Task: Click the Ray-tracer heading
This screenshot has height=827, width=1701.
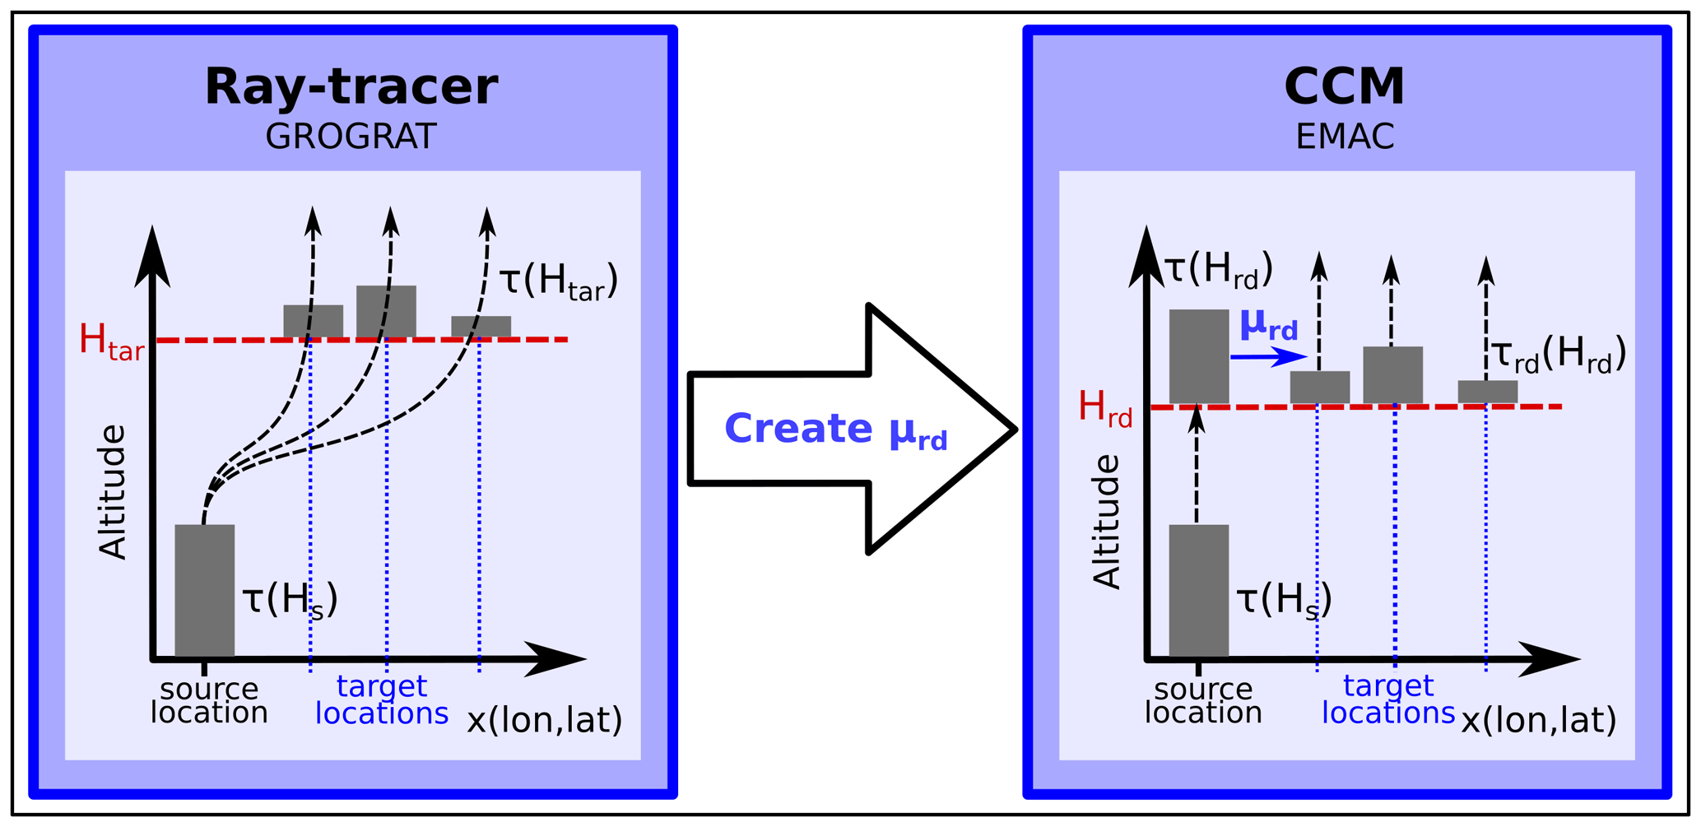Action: point(351,86)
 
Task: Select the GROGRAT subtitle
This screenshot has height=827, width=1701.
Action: point(351,137)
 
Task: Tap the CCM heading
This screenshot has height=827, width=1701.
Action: point(1344,86)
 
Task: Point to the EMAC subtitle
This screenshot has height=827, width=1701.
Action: point(1345,137)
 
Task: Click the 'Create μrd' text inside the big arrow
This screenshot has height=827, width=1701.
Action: point(835,430)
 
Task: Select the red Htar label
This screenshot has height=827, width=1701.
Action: point(111,341)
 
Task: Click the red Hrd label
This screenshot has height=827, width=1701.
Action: point(1105,408)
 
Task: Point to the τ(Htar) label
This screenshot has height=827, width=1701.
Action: point(559,281)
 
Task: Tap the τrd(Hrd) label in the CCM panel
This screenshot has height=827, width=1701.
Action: point(1559,355)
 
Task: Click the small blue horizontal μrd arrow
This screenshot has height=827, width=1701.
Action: point(1268,356)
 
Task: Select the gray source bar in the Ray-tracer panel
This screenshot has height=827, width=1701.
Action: point(205,591)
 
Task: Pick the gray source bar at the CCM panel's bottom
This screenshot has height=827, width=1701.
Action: point(1199,591)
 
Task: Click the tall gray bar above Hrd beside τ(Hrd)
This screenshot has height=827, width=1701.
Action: point(1199,356)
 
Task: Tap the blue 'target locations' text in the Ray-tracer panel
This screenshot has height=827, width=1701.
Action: point(382,699)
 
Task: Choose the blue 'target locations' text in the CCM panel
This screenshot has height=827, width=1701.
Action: point(1388,699)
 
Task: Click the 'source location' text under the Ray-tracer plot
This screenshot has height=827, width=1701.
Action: point(209,700)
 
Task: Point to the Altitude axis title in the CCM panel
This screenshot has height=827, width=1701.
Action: point(1107,522)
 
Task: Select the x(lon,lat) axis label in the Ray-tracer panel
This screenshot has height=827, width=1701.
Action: point(545,720)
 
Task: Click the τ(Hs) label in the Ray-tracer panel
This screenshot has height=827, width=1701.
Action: point(290,600)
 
